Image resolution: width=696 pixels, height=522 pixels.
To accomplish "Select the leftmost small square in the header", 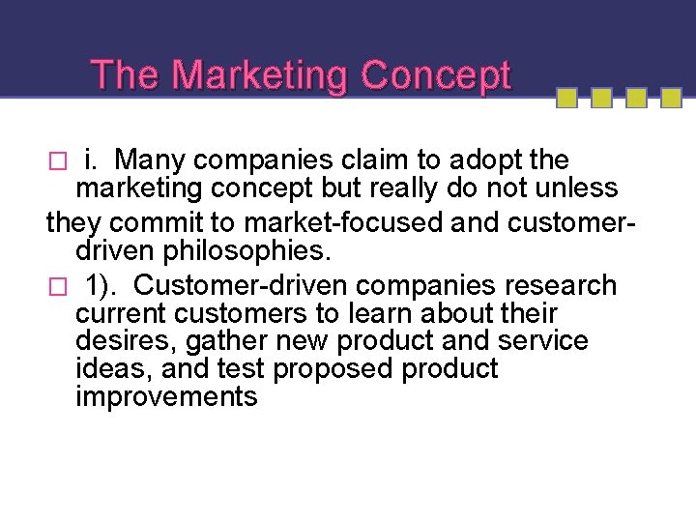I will click(567, 99).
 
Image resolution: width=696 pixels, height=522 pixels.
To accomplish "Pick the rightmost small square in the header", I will click(670, 99).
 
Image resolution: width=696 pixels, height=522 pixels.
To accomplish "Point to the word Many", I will click(150, 159).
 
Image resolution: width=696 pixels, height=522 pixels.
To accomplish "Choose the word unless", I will click(567, 187).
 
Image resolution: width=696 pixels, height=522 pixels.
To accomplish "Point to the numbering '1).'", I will click(104, 286).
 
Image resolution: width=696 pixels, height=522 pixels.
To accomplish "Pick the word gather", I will click(228, 341).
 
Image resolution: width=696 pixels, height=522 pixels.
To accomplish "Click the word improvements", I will click(166, 397).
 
